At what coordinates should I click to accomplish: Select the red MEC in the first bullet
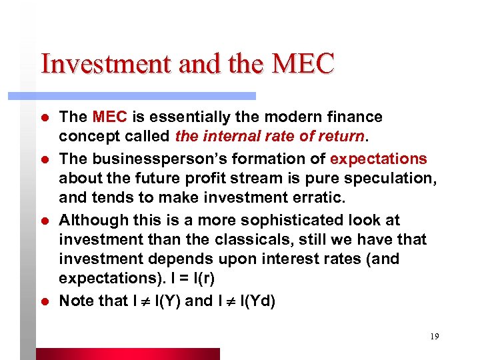click(x=110, y=117)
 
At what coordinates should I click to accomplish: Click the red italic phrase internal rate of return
click(x=270, y=137)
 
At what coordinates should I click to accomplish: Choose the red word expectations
click(x=379, y=159)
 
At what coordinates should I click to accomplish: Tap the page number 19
click(x=434, y=337)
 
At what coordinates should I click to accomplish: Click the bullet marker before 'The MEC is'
click(x=45, y=118)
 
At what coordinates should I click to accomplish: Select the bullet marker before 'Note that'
click(x=45, y=301)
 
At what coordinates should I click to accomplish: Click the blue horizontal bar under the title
click(x=133, y=96)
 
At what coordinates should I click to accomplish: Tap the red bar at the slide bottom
click(x=127, y=353)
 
